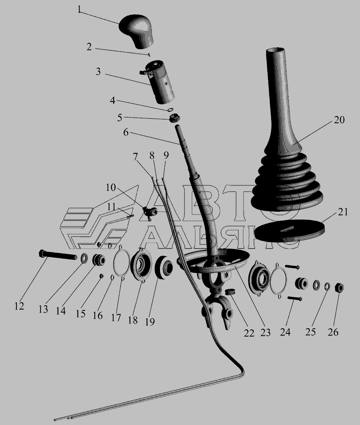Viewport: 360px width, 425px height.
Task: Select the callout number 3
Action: [98, 71]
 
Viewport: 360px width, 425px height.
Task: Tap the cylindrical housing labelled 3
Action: [159, 82]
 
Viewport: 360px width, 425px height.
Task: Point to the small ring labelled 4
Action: [170, 110]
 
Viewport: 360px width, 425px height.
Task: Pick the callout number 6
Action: [126, 132]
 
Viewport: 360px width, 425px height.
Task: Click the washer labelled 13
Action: [84, 258]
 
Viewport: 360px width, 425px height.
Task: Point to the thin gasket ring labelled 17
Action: [121, 263]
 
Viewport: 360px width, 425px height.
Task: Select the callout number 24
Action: [285, 331]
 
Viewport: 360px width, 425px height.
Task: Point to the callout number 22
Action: [249, 333]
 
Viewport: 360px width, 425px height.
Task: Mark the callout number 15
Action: [80, 314]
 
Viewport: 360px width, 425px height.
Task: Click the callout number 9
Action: [166, 155]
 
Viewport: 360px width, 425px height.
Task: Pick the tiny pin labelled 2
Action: [149, 55]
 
